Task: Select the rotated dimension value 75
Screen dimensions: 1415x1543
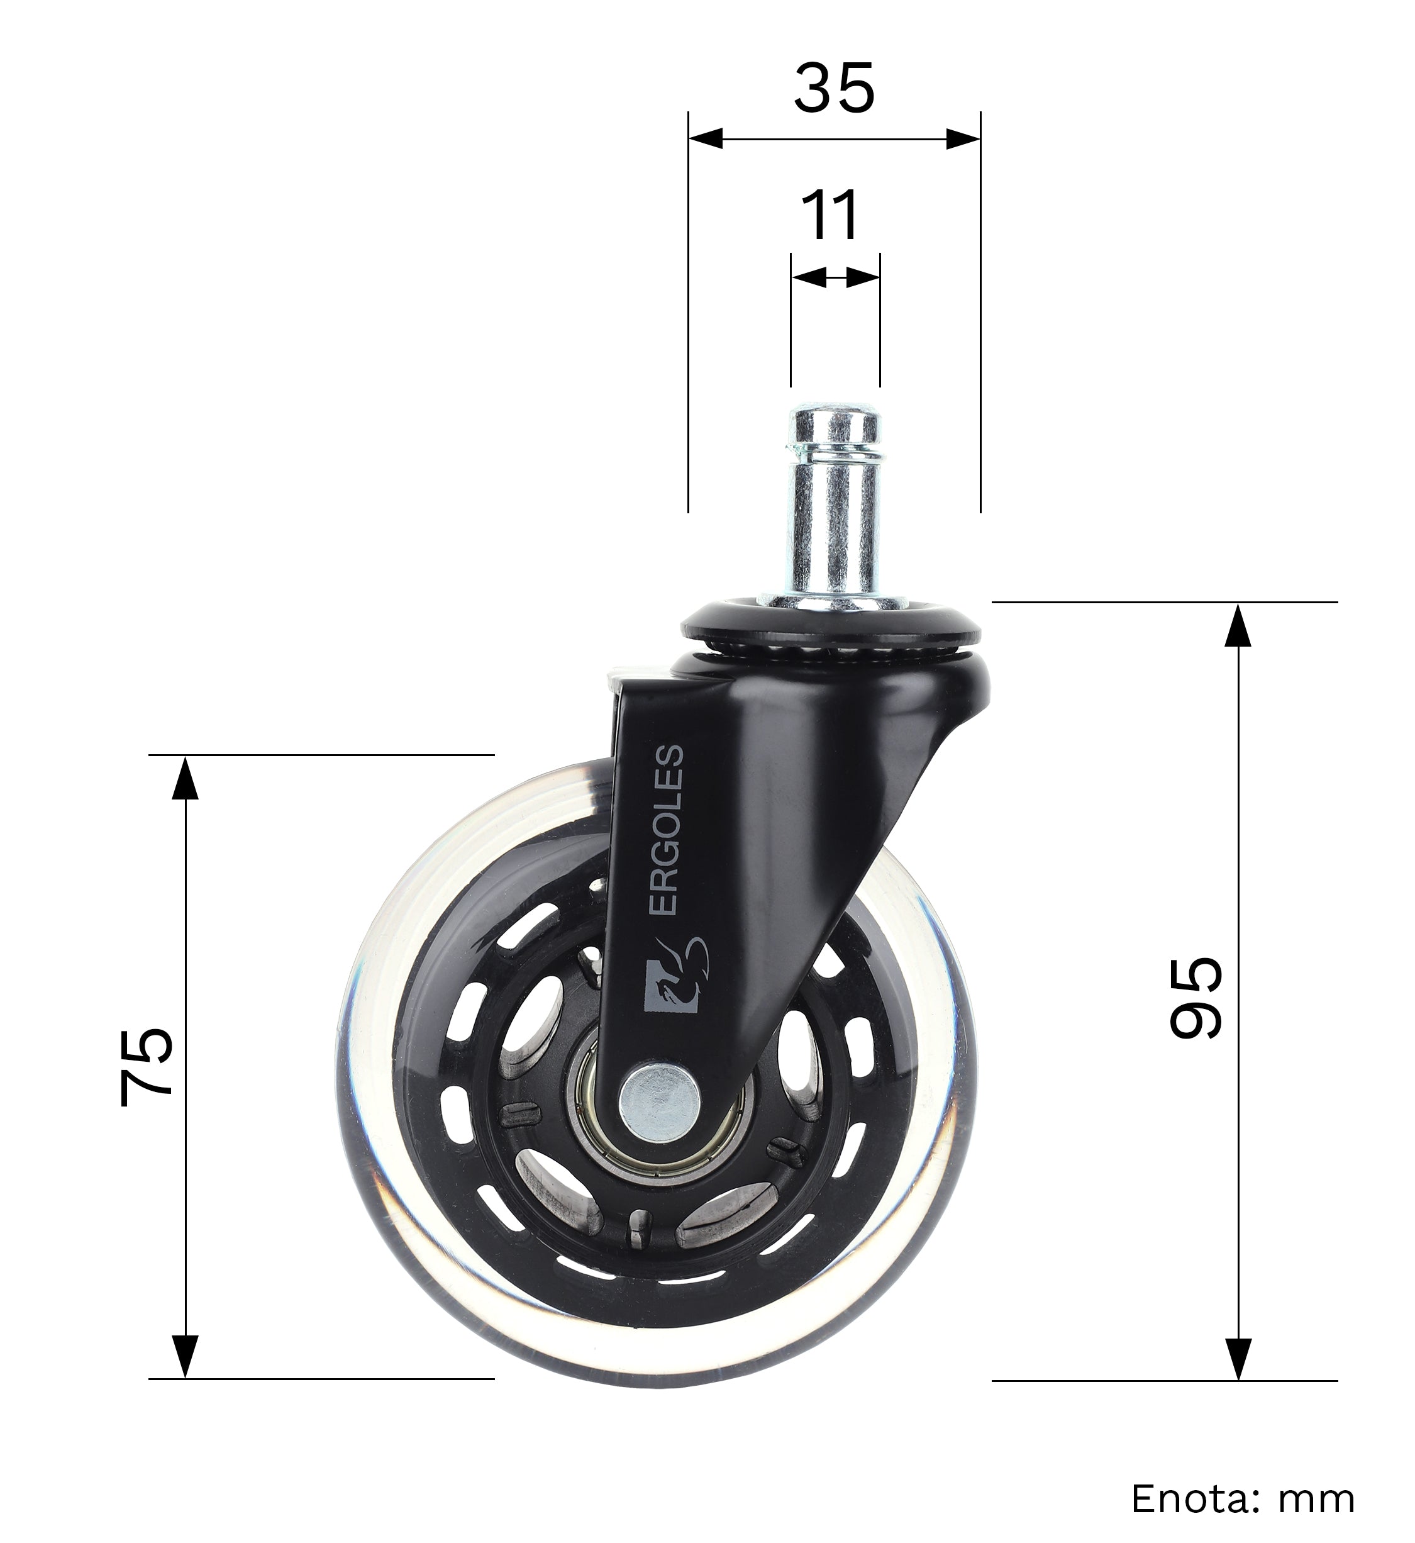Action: [147, 1067]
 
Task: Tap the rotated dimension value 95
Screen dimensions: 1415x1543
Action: [1196, 997]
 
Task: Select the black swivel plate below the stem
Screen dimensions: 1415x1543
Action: [831, 628]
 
